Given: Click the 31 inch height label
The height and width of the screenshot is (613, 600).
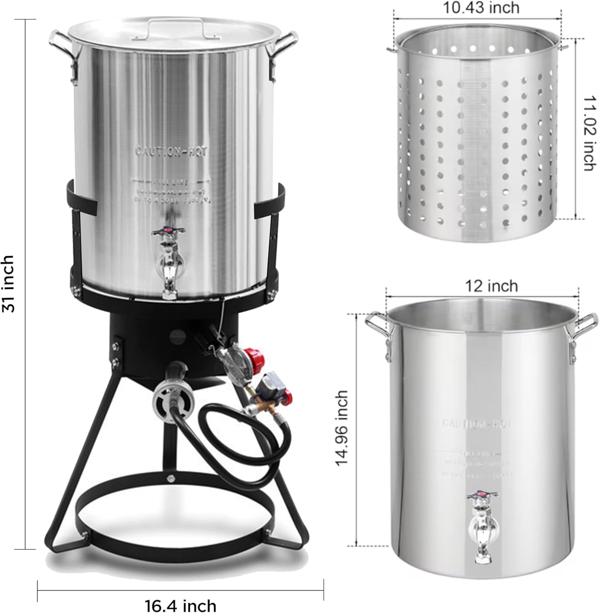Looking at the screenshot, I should tap(9, 284).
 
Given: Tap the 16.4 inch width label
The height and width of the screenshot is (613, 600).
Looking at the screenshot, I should tap(180, 604).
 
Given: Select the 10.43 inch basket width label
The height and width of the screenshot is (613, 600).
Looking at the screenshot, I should tap(481, 7).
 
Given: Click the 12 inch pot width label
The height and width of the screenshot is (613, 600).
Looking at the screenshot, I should tap(491, 286).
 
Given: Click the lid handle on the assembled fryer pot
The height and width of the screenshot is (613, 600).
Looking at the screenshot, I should tap(176, 26).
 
